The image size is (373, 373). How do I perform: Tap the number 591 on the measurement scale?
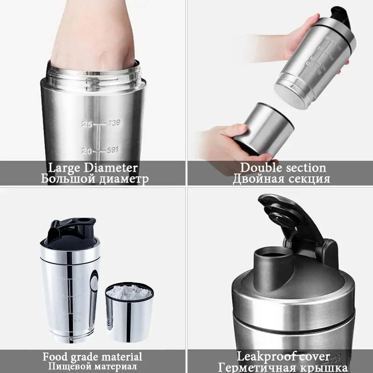[x=113, y=150]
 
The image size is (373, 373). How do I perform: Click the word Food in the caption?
[x=55, y=357]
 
